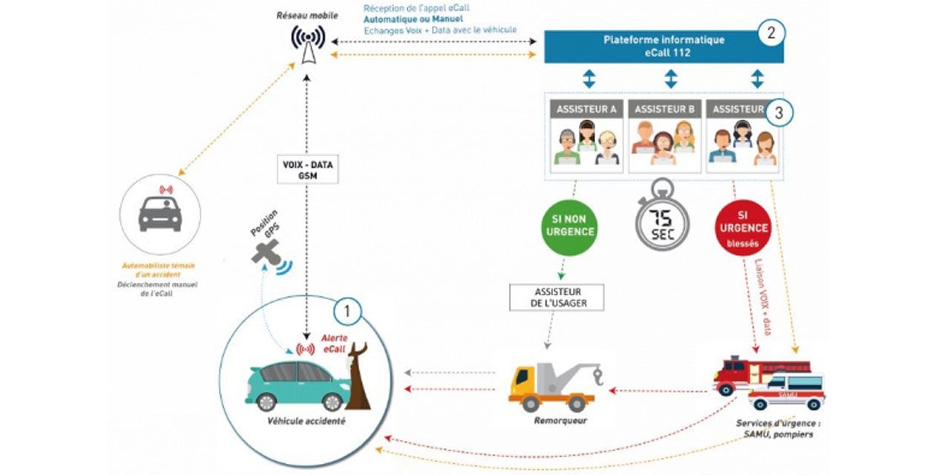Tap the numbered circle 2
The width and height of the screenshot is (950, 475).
click(771, 33)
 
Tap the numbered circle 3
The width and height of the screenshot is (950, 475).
click(777, 114)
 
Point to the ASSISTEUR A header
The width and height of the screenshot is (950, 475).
click(586, 109)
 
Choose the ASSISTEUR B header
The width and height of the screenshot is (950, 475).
click(664, 109)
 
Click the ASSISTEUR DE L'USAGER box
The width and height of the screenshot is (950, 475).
click(557, 298)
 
